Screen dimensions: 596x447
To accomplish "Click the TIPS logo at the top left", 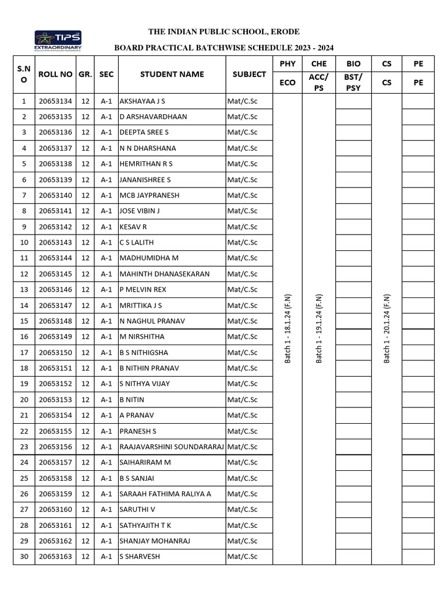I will pos(58,41).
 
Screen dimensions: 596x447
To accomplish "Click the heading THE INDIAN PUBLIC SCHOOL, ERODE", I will pos(224,31).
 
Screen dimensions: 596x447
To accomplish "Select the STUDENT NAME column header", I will pos(172,74).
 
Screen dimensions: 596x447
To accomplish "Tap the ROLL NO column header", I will pos(55,74).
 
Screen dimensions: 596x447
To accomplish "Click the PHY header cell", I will pos(288,63).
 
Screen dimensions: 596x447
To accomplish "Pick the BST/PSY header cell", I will pos(353,83).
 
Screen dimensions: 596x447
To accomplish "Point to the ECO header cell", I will pos(288,83).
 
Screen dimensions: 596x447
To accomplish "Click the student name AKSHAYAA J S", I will pos(143,101).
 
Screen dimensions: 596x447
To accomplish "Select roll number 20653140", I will pos(55,196).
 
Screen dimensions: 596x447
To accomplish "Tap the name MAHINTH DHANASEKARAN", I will pos(164,274).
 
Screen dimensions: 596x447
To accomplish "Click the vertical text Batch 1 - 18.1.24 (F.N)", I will pos(288,329).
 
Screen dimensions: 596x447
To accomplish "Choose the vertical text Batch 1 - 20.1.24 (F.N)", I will pos(386,329).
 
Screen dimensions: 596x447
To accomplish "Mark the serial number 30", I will pos(24,557).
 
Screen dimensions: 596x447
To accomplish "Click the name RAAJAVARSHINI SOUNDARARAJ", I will pos(172,447).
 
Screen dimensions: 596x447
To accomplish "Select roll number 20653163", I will pos(55,557).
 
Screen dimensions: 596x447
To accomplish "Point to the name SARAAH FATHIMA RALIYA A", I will pos(165,494).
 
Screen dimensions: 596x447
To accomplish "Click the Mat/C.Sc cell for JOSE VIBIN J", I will pos(242,211).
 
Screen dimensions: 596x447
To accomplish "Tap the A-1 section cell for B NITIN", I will pos(106,400).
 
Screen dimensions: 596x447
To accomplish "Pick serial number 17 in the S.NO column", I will pos(24,353).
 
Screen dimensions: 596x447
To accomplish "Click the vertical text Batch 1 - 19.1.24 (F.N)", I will pos(319,329).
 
